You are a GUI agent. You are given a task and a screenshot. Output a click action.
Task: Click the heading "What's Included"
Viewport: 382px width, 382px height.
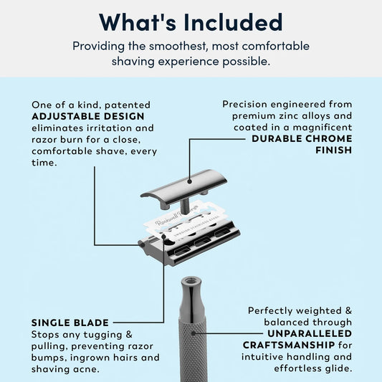[x=191, y=22]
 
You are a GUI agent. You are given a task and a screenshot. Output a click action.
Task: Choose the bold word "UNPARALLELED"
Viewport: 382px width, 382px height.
[x=310, y=333]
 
